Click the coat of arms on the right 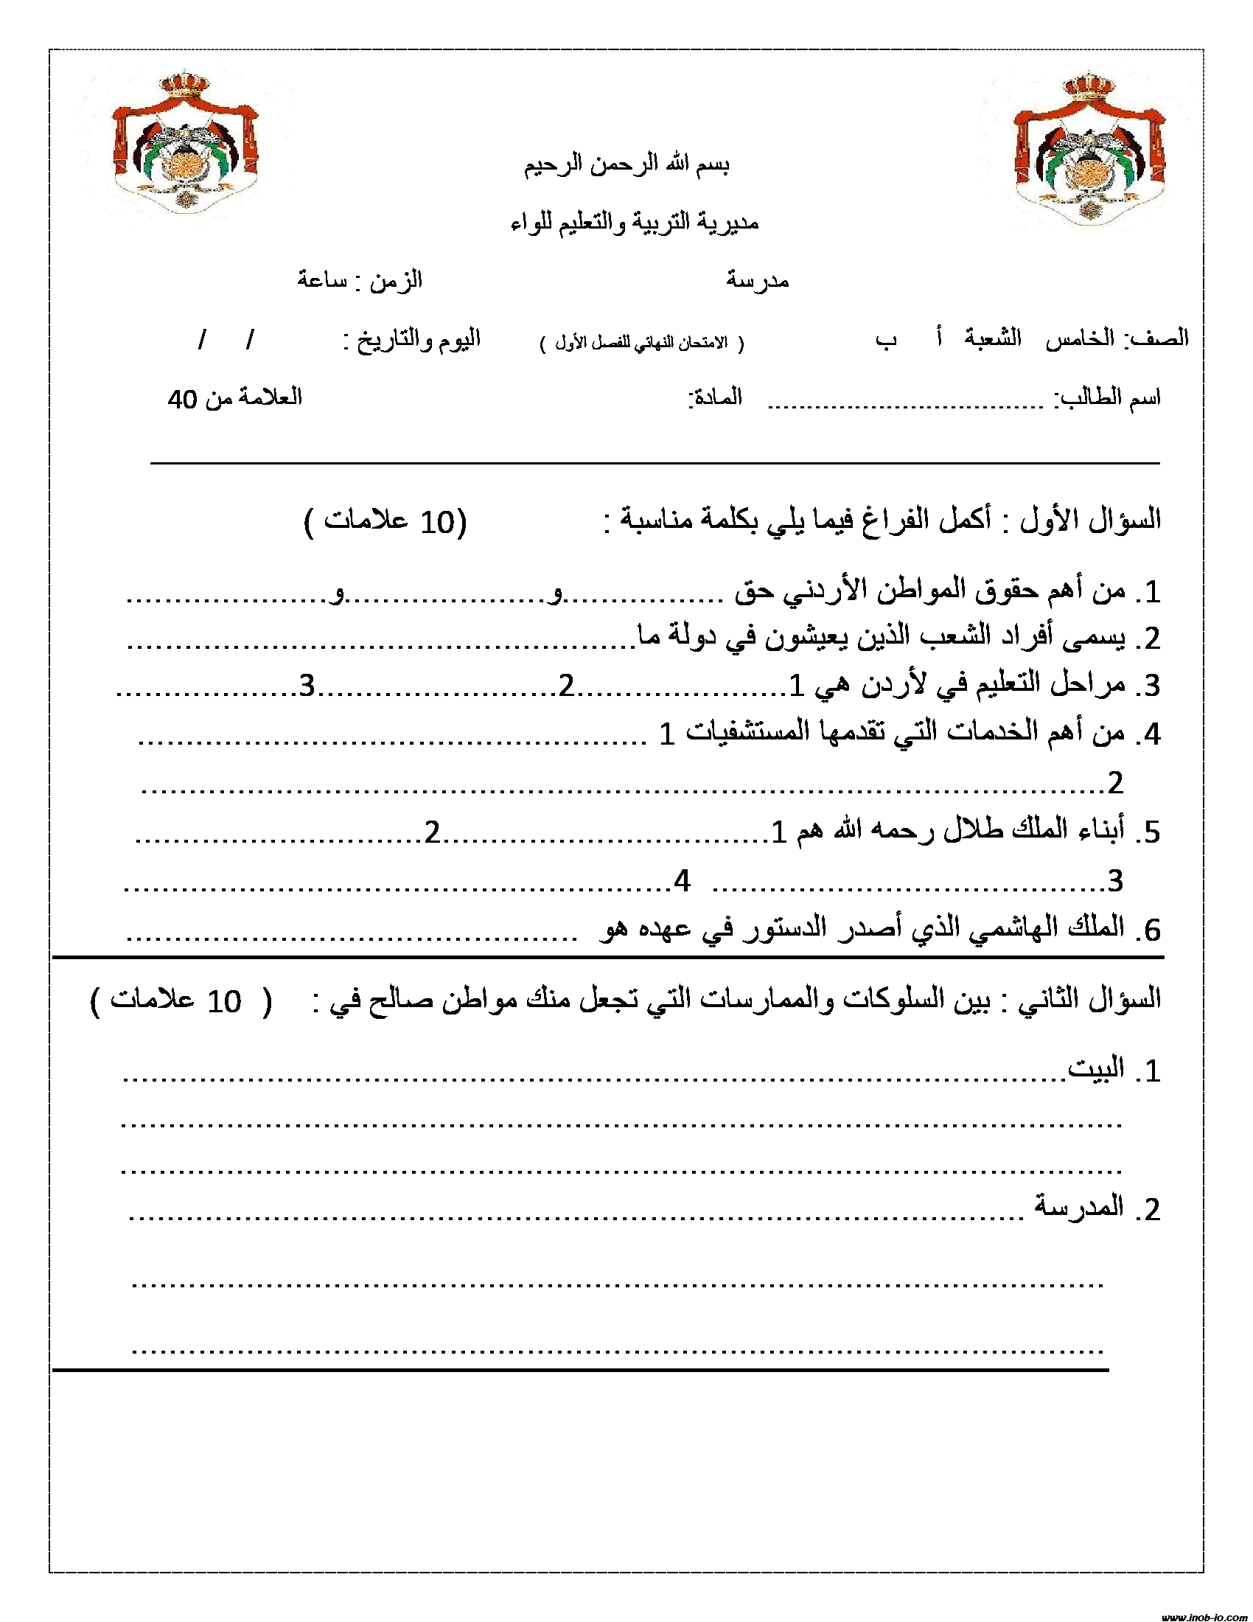tap(1089, 148)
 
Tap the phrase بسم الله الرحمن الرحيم tap(626, 164)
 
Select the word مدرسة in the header tap(757, 280)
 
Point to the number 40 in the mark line tap(183, 399)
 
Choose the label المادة tap(716, 397)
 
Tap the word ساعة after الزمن tap(322, 280)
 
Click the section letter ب tap(885, 339)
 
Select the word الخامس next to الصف tap(1080, 338)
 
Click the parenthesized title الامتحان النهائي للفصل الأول tap(641, 343)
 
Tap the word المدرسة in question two tap(1079, 1206)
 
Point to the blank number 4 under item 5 tap(683, 881)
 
